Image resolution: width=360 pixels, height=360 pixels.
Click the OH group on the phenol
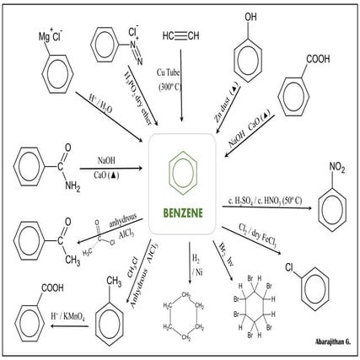(250, 18)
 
